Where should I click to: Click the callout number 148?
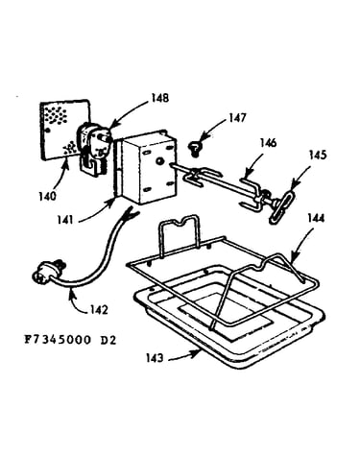(159, 98)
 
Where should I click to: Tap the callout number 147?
(237, 118)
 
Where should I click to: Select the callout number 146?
(268, 143)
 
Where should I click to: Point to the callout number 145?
(318, 155)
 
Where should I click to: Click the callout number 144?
(316, 219)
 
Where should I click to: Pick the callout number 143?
(155, 358)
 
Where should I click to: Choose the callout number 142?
(99, 310)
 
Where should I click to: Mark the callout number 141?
(65, 220)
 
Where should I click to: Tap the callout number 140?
(47, 196)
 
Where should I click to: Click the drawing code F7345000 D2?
(70, 340)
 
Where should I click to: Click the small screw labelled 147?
(194, 149)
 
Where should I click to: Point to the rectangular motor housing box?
(148, 168)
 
